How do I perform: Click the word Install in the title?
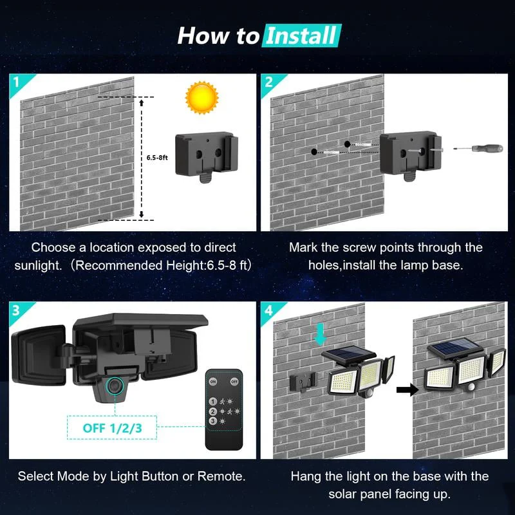pos(301,35)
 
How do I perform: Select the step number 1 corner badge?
pos(16,82)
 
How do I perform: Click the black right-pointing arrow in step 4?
pos(404,389)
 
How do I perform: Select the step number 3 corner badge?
pos(16,310)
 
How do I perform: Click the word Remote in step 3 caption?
pos(221,476)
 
